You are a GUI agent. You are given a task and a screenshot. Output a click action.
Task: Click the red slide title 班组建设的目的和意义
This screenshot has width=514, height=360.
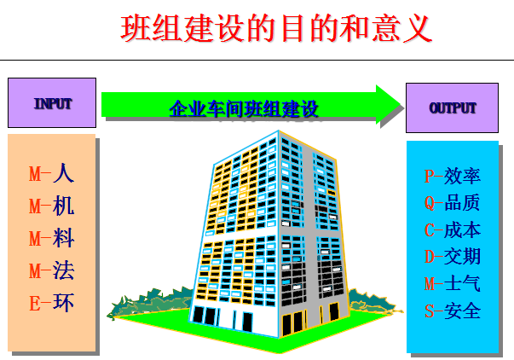coord(276,28)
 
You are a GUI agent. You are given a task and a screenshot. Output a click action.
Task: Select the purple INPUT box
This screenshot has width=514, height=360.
coord(52,102)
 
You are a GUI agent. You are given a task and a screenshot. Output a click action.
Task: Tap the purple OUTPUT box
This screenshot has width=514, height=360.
coord(452,108)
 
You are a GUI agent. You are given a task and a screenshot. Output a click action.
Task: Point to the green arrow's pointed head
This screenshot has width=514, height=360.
coord(401,104)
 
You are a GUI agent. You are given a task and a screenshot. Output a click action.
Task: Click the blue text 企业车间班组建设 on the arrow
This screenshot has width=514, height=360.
coord(244,108)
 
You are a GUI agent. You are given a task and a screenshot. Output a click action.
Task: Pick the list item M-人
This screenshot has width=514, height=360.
coord(51,173)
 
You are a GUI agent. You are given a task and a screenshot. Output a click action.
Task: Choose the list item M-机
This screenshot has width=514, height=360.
coord(51,206)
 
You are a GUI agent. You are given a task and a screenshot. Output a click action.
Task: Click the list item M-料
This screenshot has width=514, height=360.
coord(51,238)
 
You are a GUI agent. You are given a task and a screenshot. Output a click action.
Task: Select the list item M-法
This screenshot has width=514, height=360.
coord(51,270)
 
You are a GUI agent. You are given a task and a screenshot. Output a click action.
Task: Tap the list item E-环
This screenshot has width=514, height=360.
coord(51,303)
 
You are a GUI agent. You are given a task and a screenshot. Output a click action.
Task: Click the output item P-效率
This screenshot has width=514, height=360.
coord(453,176)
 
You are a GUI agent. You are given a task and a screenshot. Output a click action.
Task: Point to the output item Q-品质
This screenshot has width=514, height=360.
coord(453,203)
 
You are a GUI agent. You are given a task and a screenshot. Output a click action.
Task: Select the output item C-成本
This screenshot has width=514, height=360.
coord(453,229)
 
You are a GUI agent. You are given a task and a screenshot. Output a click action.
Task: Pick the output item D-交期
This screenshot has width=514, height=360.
coord(453,257)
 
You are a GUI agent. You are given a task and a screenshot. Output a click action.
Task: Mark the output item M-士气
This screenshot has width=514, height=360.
coord(453,283)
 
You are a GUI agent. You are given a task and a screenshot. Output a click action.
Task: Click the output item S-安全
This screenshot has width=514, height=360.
coord(453,311)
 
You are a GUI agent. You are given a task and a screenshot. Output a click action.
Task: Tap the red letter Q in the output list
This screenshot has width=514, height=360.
coord(430,204)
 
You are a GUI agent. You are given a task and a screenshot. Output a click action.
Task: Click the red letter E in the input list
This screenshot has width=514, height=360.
coord(35,304)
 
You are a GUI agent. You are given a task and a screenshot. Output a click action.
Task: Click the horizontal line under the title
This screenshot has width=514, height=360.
coord(257,60)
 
